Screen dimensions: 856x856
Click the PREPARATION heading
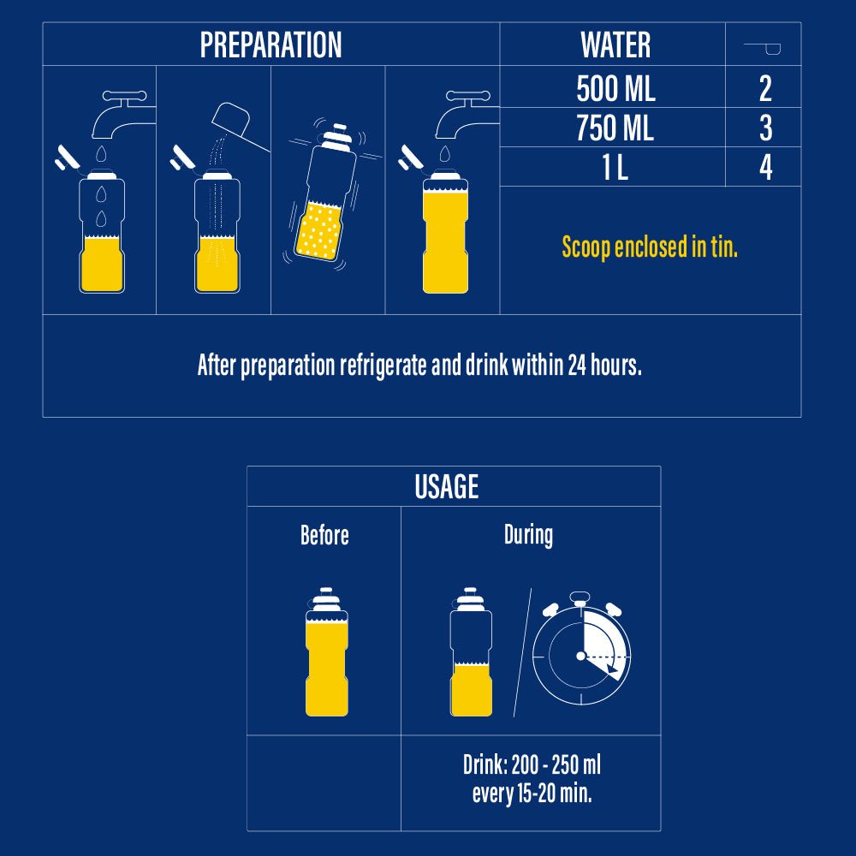(270, 45)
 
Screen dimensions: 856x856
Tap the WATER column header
(615, 45)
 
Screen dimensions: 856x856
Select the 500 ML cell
(615, 88)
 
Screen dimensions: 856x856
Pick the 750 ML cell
(615, 128)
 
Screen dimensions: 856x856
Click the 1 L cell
(615, 168)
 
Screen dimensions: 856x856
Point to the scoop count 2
(765, 88)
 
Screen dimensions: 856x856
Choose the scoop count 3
(766, 128)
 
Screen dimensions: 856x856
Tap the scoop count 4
(766, 168)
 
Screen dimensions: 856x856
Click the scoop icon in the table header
(763, 49)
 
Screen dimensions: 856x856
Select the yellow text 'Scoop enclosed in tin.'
(650, 247)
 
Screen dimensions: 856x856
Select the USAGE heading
(447, 486)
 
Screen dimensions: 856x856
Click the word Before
(324, 535)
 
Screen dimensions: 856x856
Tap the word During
(528, 535)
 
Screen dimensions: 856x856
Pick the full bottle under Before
(326, 651)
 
